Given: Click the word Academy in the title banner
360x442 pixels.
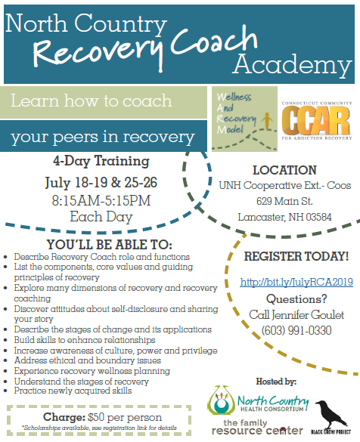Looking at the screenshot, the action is tap(292, 66).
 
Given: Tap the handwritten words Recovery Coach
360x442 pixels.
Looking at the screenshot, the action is tap(145, 48).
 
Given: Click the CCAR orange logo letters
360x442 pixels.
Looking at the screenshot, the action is tap(316, 121).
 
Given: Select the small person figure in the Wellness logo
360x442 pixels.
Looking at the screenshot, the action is tap(267, 121).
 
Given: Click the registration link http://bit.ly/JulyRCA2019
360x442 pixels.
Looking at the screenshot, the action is tap(296, 282).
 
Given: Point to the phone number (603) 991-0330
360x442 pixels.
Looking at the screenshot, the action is tap(296, 330).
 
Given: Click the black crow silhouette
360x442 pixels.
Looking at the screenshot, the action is tap(330, 415).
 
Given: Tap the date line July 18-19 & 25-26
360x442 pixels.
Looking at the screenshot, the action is tap(101, 182).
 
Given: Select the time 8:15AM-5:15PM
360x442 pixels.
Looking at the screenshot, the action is tap(101, 200).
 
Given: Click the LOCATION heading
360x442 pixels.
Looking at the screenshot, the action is tap(284, 170).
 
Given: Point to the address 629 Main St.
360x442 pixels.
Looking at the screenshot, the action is tap(284, 201).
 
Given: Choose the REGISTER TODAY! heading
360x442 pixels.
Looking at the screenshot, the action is tap(296, 256).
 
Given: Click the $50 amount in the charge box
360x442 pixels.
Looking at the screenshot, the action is tap(96, 417).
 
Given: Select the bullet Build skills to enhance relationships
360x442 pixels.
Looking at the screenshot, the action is tap(85, 340).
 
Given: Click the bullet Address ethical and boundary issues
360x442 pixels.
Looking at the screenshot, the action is tap(88, 360).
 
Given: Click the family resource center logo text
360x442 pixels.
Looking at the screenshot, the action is tap(257, 427).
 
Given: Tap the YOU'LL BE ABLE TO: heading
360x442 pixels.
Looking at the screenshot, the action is tap(110, 244).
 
